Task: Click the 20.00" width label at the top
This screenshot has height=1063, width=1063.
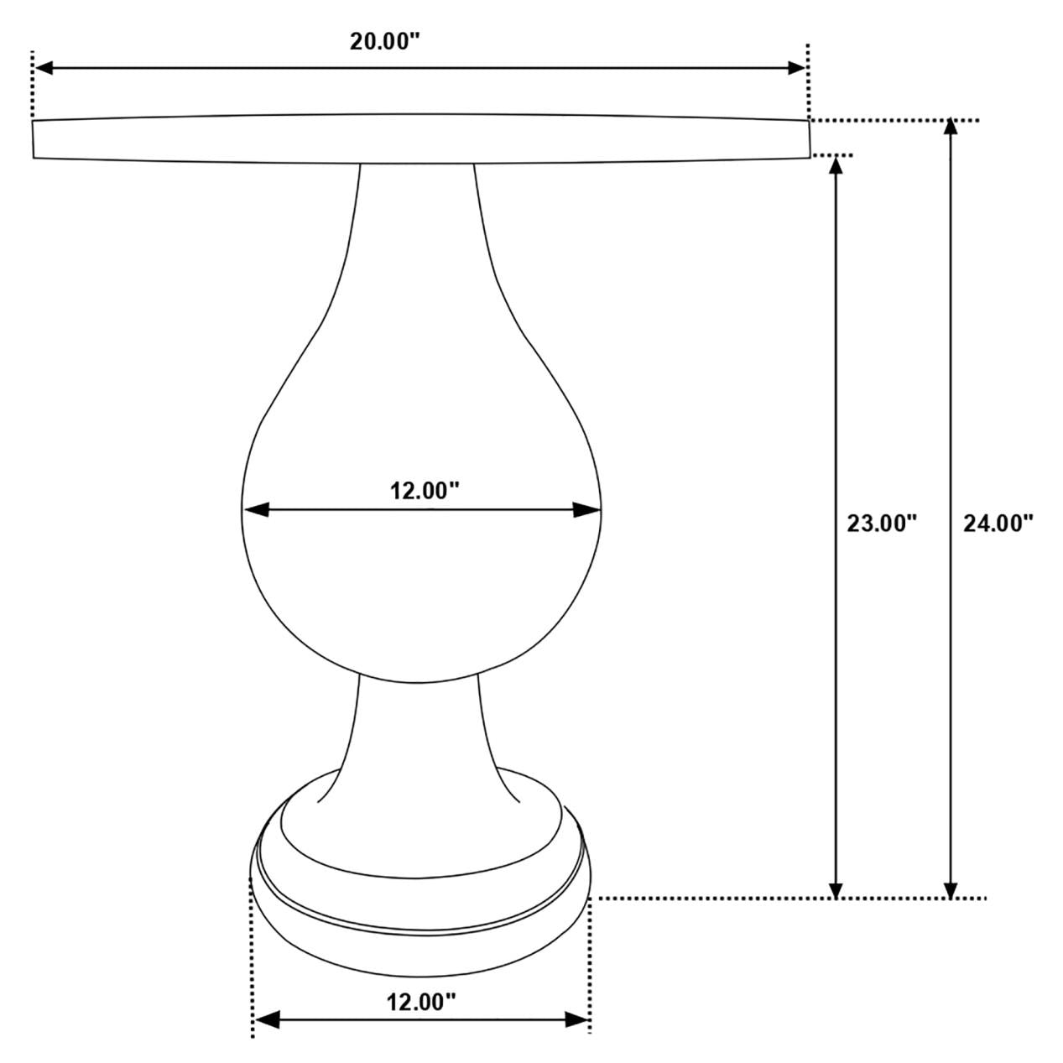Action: click(384, 43)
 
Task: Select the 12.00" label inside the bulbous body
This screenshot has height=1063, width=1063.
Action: click(425, 491)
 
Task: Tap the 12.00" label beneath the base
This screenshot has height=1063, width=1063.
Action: click(421, 1001)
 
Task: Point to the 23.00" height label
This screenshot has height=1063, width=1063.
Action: click(881, 524)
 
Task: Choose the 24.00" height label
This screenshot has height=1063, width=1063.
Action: click(998, 524)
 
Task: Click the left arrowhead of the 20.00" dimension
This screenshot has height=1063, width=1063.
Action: click(42, 68)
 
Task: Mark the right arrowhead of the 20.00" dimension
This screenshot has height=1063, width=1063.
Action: click(796, 68)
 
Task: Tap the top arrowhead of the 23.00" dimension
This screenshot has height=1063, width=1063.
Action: click(835, 164)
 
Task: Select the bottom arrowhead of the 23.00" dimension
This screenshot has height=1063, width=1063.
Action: click(835, 890)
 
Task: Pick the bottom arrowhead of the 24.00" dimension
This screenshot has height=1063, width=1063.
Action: click(950, 890)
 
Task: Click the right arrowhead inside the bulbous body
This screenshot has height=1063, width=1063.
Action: click(588, 509)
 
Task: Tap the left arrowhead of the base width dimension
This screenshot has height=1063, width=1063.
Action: click(266, 1019)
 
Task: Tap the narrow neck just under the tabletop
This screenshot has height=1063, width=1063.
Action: click(417, 218)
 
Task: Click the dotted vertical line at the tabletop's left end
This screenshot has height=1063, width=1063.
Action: click(32, 84)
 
